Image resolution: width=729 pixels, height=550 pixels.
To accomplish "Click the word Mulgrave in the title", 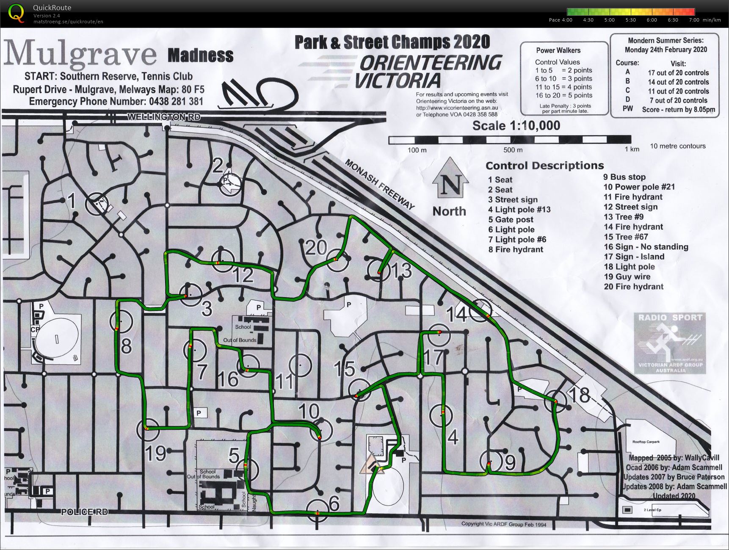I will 80,54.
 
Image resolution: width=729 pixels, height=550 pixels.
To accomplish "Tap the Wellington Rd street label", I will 164,117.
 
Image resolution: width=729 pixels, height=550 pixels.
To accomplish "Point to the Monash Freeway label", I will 380,184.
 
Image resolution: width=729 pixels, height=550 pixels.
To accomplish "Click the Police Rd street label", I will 85,512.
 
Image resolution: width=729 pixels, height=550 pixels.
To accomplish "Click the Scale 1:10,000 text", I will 516,126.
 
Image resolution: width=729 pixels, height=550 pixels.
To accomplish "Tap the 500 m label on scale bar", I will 513,150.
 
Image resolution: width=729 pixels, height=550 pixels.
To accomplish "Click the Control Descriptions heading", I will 544,166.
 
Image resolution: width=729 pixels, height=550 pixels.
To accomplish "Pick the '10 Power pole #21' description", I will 639,187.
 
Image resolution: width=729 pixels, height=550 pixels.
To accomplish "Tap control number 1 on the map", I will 72,201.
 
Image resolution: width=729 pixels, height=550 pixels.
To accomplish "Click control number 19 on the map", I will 155,453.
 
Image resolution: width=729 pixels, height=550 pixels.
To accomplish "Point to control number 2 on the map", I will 218,166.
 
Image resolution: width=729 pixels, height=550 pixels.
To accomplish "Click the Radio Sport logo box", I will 670,343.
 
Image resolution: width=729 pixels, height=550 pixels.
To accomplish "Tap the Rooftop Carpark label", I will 646,442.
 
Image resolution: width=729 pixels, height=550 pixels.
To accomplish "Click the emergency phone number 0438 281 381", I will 176,102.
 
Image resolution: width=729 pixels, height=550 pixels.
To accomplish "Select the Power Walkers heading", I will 558,50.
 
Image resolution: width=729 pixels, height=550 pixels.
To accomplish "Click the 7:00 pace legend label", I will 694,20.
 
